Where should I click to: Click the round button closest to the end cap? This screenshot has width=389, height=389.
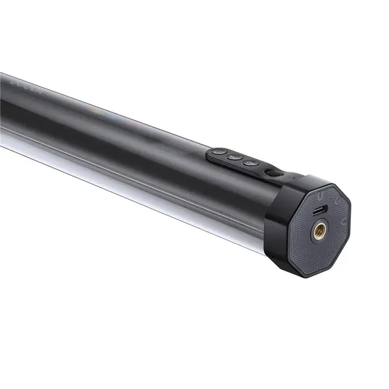tap(251, 163)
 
